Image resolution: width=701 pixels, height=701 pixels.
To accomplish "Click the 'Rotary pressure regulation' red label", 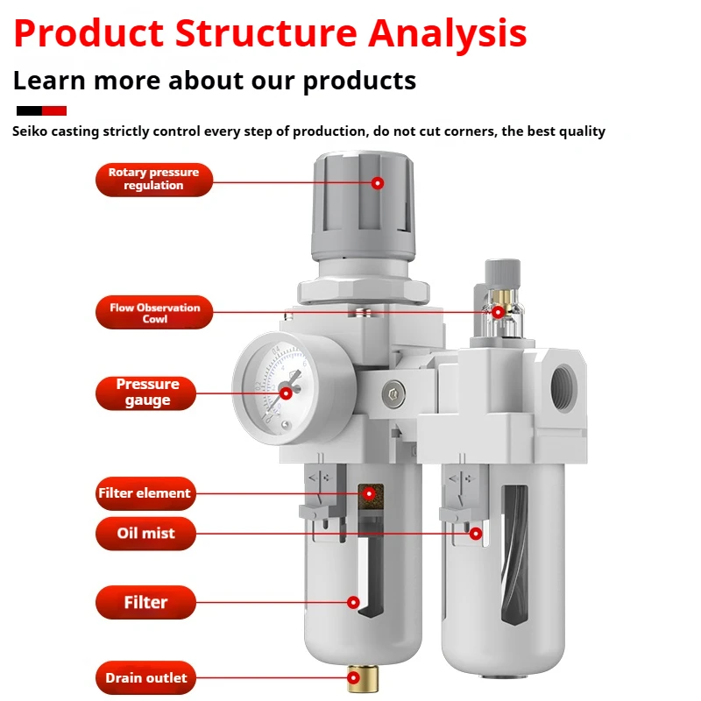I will point(154,179).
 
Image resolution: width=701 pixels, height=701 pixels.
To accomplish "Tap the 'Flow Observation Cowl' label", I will point(154,313).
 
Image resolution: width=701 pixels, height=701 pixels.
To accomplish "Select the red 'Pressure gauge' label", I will point(147,393).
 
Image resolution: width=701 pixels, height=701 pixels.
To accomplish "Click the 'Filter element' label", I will point(144,493).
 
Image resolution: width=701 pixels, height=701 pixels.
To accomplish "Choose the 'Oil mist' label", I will point(145,533).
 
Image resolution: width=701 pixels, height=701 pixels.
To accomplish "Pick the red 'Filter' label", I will point(145,602).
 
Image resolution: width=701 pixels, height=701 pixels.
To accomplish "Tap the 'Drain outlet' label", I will point(145,677).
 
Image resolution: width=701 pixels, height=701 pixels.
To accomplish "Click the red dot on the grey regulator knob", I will point(378,183).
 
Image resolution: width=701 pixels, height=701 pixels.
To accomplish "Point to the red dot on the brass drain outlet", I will point(355,677).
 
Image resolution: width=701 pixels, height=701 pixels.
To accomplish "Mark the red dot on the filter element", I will point(369,493).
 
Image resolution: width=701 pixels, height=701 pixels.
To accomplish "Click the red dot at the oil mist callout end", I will point(476,533).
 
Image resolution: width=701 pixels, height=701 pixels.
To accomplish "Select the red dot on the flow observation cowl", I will point(498,312).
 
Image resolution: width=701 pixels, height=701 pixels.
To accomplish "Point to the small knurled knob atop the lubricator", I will point(498,268).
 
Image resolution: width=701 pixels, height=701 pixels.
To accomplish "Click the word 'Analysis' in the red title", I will point(447,33).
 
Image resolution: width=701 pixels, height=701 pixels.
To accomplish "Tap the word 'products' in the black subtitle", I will point(359,81).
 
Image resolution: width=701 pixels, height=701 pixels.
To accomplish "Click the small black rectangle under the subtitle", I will point(29,110).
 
